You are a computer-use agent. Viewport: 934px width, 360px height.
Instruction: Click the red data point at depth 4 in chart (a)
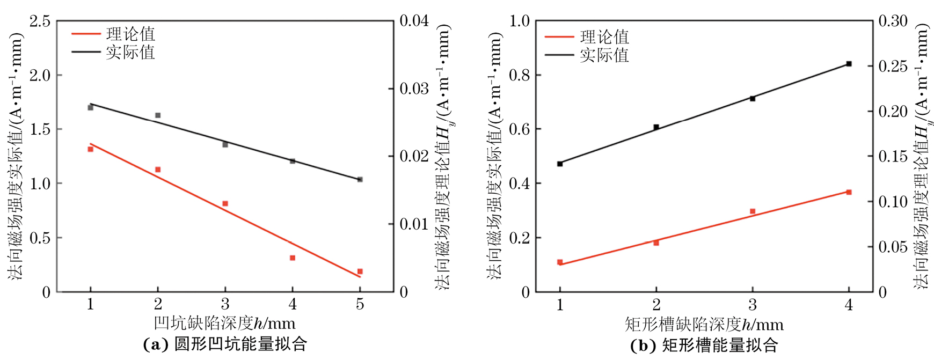(293, 258)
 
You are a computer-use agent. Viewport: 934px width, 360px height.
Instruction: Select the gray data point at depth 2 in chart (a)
(158, 115)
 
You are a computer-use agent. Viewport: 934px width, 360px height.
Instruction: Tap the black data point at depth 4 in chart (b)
(849, 64)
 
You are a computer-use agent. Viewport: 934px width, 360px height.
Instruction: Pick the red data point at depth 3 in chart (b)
(753, 211)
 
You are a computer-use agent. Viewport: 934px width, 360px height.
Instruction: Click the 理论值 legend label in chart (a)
(130, 34)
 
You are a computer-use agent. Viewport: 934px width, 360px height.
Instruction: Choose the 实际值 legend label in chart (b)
(604, 55)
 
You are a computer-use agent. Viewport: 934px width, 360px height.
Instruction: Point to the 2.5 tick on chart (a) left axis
(40, 21)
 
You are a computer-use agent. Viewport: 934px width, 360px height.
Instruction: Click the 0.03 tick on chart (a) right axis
(414, 89)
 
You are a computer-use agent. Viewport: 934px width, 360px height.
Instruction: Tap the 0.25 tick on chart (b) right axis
(893, 67)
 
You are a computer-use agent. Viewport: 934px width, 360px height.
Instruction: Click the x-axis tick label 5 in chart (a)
(360, 304)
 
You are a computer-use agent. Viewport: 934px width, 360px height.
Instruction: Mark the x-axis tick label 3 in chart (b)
(753, 305)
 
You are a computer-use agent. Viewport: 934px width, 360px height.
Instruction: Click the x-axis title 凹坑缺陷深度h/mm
(224, 323)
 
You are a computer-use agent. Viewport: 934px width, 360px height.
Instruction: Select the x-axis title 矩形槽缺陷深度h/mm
(704, 324)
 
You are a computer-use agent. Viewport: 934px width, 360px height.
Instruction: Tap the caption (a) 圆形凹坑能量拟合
(225, 344)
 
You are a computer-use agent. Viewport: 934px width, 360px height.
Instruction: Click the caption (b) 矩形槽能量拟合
(704, 345)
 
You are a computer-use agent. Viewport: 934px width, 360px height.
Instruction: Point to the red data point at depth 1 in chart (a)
(91, 149)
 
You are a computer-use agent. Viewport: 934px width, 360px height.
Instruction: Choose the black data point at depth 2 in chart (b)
(656, 127)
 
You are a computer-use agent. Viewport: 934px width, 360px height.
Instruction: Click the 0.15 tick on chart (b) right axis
(893, 157)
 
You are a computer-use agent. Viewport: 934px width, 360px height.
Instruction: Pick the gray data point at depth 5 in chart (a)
(360, 179)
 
